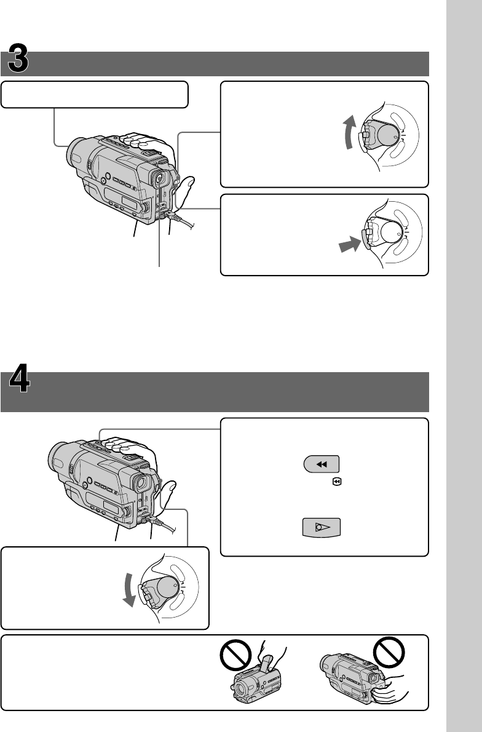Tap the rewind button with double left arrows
click(x=322, y=464)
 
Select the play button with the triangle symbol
click(x=322, y=528)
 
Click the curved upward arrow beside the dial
click(x=349, y=133)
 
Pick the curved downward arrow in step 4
click(x=128, y=592)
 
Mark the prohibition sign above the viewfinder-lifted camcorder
click(x=235, y=655)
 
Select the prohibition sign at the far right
click(x=389, y=652)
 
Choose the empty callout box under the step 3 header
click(x=95, y=95)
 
